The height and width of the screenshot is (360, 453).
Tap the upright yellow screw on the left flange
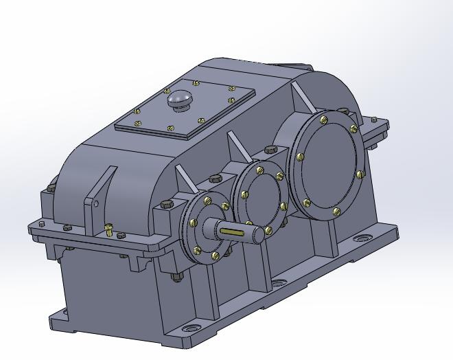pyautogui.click(x=108, y=228)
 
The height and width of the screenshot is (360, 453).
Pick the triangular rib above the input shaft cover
pyautogui.click(x=184, y=181)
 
